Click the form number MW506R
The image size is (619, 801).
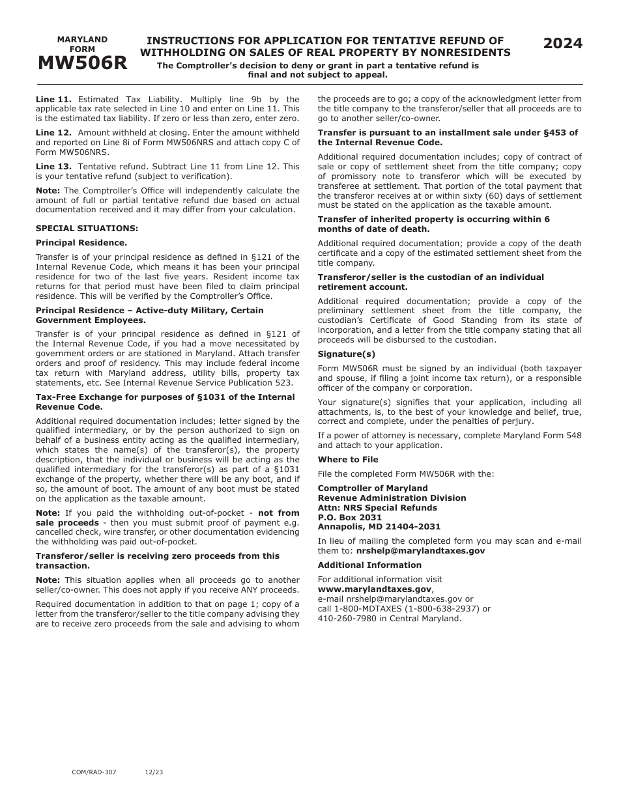[82, 63]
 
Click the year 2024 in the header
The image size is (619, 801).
[563, 44]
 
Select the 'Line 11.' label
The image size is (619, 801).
[53, 99]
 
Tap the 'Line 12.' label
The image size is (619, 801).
[53, 132]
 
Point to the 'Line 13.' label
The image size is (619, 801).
[53, 166]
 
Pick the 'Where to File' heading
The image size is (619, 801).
[348, 459]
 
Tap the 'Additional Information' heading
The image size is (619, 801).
[369, 565]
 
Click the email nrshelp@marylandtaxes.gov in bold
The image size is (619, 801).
[420, 550]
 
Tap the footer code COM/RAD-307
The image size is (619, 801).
[94, 772]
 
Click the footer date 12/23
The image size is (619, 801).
[154, 772]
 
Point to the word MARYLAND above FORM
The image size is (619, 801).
[82, 39]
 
